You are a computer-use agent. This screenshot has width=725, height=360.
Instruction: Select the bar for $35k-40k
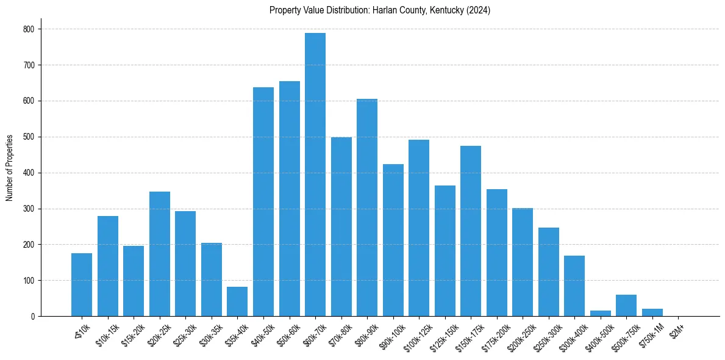237,301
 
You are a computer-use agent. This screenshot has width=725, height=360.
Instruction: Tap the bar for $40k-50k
263,201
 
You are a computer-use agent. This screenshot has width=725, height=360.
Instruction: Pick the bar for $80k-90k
367,207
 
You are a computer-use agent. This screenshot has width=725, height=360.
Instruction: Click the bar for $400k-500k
601,314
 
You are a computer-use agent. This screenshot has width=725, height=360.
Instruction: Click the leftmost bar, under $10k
82,284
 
